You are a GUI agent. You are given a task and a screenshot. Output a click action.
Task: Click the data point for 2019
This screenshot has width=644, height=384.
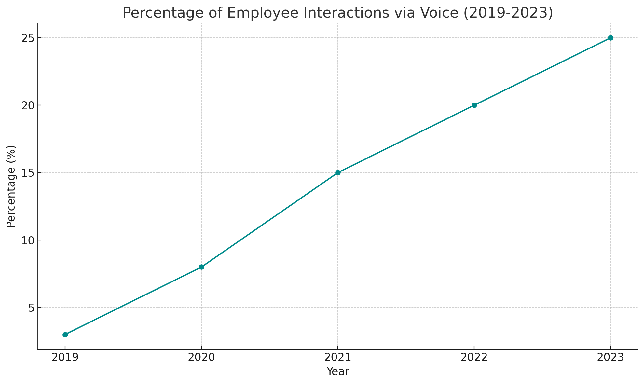point(65,335)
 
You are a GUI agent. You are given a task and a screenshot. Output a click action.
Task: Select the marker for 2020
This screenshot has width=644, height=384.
point(201,267)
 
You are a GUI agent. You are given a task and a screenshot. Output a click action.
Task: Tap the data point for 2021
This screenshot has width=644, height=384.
point(338,172)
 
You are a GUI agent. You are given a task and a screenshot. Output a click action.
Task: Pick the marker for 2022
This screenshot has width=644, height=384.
point(474,105)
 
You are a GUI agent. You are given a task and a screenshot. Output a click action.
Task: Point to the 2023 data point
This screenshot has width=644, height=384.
point(610,38)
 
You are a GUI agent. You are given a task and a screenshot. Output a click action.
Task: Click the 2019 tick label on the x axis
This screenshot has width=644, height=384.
point(65,358)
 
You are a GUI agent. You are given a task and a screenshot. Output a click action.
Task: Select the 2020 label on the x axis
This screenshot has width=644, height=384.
point(201,358)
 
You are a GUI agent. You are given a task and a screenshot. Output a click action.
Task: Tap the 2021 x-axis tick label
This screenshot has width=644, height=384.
point(338,358)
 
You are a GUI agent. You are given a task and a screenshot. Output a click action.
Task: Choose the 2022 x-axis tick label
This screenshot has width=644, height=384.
point(474,358)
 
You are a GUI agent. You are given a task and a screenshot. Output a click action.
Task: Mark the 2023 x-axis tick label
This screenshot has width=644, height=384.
point(610,358)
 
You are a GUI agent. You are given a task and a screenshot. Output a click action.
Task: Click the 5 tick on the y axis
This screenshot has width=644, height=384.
point(31,308)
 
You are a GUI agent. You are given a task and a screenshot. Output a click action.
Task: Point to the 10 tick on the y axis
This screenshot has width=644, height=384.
point(28,240)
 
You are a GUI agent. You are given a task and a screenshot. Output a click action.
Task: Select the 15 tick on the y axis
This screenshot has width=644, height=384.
point(28,173)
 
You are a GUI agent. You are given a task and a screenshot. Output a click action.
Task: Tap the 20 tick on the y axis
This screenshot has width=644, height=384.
point(28,105)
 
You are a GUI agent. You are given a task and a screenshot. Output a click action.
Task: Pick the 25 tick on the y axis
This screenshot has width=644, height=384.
point(28,38)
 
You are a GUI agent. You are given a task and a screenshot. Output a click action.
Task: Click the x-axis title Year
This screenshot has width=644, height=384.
point(338,372)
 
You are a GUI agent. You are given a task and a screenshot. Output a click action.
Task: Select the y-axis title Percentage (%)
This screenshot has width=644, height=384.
point(11,186)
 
